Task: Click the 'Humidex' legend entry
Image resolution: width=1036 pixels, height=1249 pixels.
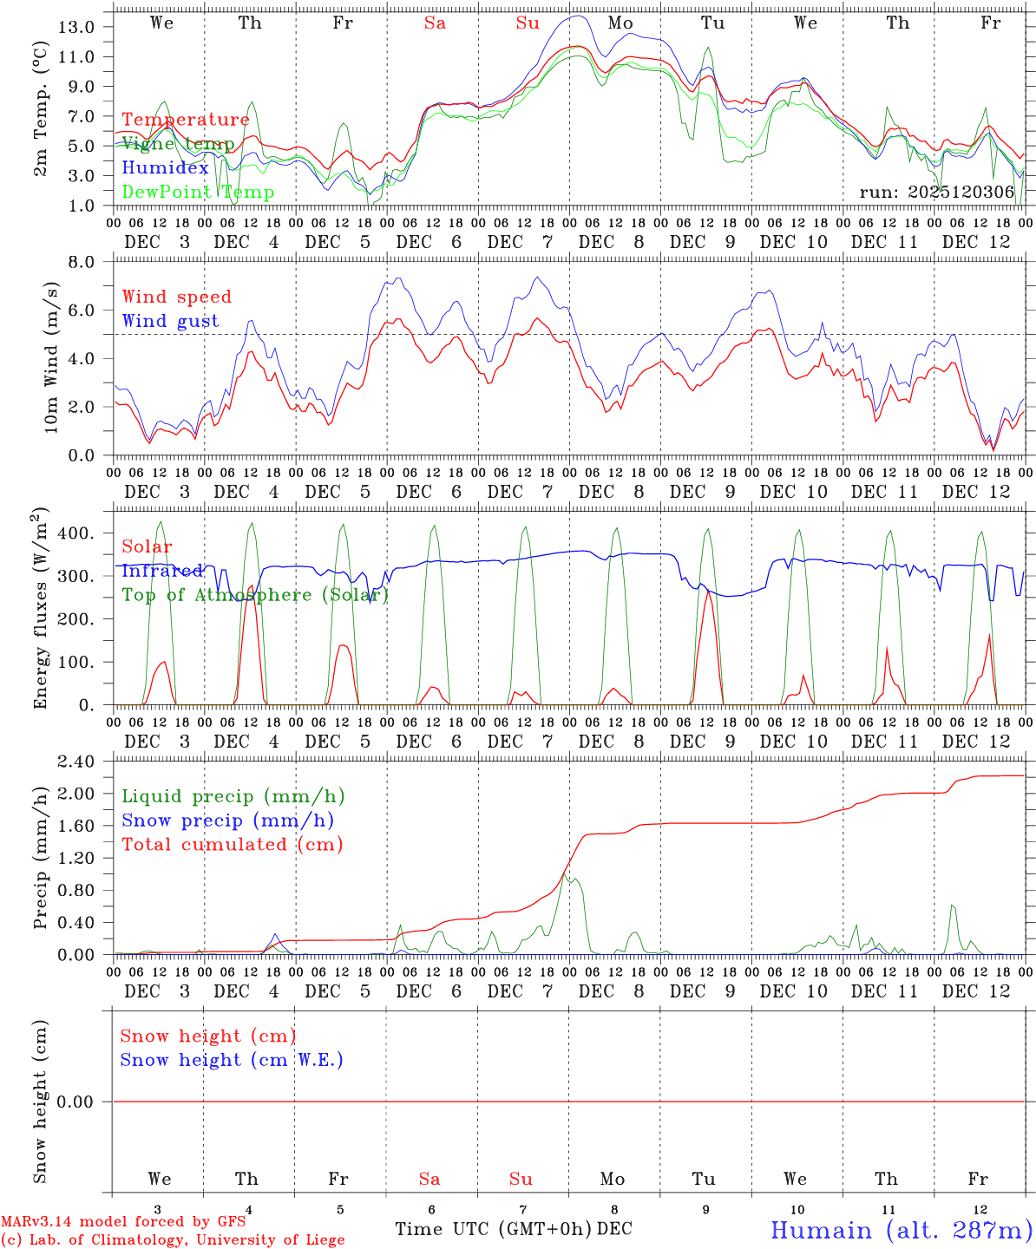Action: point(165,168)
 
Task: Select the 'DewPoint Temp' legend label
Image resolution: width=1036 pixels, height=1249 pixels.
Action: point(198,193)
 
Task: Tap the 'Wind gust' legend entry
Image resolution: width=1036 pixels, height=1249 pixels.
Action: point(170,321)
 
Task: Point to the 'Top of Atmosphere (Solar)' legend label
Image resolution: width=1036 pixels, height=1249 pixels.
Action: point(255,595)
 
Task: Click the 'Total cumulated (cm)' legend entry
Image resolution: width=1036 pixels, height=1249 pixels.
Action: point(232,845)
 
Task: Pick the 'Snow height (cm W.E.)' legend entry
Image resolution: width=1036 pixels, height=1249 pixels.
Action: point(232,1060)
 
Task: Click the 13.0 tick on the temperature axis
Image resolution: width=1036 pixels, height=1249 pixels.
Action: point(76,27)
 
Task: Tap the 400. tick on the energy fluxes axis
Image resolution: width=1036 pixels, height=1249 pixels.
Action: point(75,533)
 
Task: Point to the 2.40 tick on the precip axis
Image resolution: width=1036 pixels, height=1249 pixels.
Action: point(75,762)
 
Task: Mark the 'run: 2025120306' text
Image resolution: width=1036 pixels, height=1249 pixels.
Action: point(936,193)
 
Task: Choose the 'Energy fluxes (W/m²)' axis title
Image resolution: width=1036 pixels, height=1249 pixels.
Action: point(40,610)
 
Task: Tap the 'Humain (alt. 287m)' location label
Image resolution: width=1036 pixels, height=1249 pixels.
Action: point(901,1230)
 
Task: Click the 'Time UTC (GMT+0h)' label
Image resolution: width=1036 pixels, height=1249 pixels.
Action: point(493,1229)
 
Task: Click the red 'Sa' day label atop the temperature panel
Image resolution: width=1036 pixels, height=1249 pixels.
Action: point(435,23)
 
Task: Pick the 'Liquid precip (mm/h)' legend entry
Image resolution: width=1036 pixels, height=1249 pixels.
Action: point(233,796)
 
